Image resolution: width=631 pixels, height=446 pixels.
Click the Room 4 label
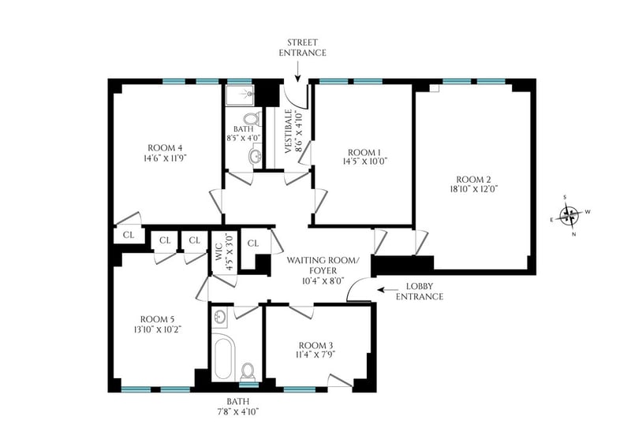[162, 147]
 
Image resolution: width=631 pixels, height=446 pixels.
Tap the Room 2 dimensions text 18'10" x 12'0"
[474, 189]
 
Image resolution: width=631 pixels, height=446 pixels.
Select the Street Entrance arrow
[297, 73]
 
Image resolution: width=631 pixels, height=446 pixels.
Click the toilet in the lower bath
[248, 372]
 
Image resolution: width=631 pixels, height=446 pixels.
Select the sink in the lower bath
[220, 316]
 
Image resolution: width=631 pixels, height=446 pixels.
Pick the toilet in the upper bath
[252, 119]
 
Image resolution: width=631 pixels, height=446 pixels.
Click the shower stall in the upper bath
[240, 95]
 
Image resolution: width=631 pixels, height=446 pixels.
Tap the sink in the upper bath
[255, 156]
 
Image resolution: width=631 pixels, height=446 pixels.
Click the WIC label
[218, 251]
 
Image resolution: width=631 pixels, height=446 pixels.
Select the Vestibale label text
[288, 132]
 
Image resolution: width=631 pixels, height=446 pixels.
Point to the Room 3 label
[315, 345]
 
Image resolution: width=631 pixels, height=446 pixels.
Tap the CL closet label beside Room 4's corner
[129, 236]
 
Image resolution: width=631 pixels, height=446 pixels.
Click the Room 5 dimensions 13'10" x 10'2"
[159, 329]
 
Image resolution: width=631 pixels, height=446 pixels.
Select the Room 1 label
[364, 152]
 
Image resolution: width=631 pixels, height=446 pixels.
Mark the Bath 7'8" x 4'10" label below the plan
[243, 406]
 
